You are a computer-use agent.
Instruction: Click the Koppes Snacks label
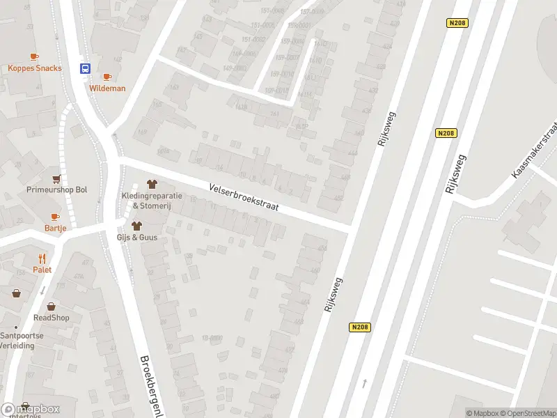pos(35,68)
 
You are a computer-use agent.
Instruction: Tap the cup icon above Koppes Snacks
pos(34,57)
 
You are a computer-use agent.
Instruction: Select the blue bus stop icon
pos(85,68)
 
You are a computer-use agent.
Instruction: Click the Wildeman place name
pos(107,88)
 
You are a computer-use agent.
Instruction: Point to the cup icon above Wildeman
pos(107,77)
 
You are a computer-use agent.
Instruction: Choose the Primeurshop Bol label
pos(57,189)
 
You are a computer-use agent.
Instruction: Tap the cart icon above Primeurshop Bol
pos(56,178)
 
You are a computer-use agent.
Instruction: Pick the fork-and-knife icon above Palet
pos(42,258)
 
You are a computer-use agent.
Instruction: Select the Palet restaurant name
pos(42,270)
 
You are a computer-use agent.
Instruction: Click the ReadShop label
pos(52,317)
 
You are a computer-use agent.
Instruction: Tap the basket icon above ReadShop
pos(51,306)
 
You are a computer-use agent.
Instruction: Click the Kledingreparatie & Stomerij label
pos(152,201)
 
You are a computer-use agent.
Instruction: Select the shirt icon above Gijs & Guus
pos(136,226)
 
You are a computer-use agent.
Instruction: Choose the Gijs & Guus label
pos(136,237)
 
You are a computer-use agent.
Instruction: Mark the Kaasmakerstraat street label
pos(535,148)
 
